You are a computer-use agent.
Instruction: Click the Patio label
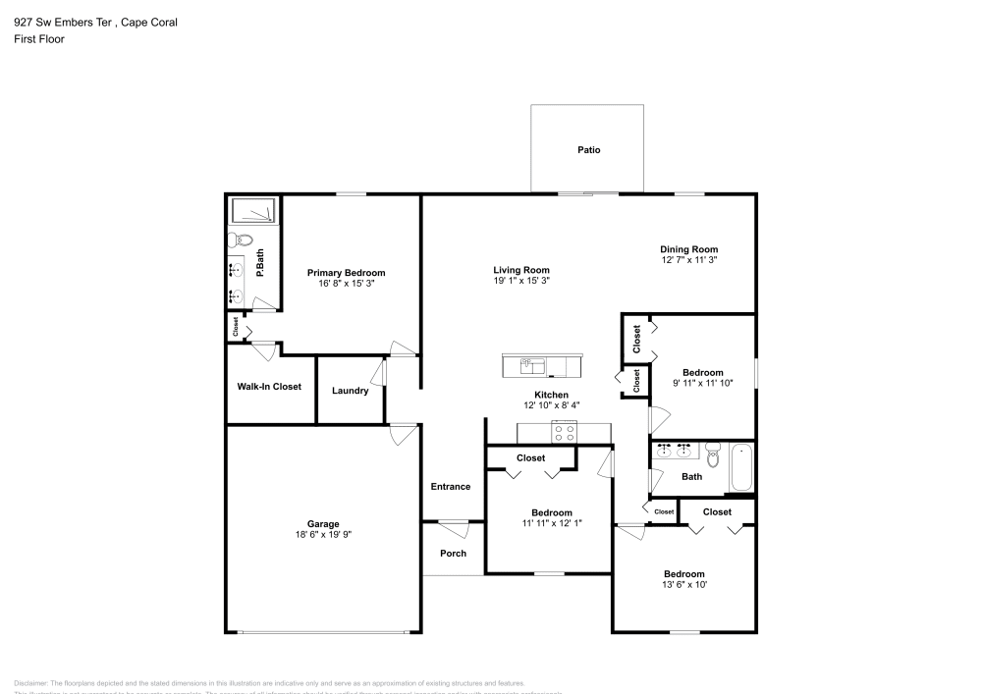[x=588, y=150]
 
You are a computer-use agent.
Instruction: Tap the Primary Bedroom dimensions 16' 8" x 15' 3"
[x=346, y=284]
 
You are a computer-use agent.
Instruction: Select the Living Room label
[x=520, y=270]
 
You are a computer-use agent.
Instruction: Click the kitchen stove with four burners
[x=565, y=432]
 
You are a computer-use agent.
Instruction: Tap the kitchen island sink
[x=532, y=365]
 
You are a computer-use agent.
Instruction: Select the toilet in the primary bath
[x=241, y=240]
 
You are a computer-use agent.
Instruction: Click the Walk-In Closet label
[x=269, y=387]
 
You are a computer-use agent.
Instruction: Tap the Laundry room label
[x=351, y=391]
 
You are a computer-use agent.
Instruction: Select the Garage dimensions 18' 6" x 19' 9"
[x=322, y=536]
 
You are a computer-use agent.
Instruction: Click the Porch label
[x=453, y=553]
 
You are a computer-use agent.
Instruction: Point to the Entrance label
[x=451, y=486]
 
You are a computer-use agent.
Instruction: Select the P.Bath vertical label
[x=260, y=263]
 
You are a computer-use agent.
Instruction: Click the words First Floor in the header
[x=39, y=39]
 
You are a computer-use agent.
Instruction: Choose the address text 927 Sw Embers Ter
[x=61, y=22]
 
